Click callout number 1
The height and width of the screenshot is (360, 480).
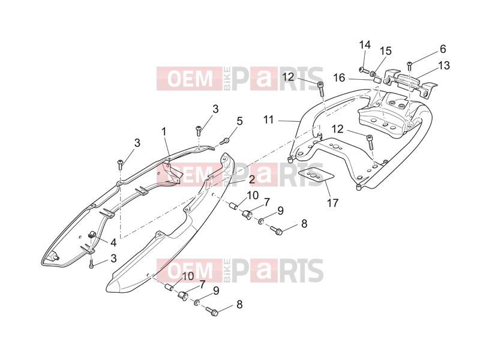(x=164, y=132)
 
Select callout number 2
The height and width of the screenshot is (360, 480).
(x=251, y=179)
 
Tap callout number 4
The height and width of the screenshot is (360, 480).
(x=113, y=243)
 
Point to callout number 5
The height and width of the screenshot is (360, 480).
(x=239, y=121)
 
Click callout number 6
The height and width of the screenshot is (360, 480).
(x=443, y=49)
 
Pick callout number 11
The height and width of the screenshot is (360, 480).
(x=268, y=119)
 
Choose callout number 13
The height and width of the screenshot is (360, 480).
(x=444, y=65)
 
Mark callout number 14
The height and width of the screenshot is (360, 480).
(x=365, y=45)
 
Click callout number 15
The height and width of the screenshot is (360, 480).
(x=386, y=51)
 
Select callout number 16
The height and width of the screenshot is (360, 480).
(x=339, y=78)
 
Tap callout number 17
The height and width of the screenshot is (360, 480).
(x=333, y=203)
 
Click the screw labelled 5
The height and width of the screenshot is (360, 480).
(x=226, y=141)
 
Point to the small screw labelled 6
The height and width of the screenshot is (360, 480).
(x=409, y=64)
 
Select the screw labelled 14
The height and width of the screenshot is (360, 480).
(x=364, y=71)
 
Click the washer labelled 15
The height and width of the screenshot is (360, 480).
(x=373, y=73)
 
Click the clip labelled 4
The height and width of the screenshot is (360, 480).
(x=92, y=235)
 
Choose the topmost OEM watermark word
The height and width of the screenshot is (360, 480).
(x=190, y=79)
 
